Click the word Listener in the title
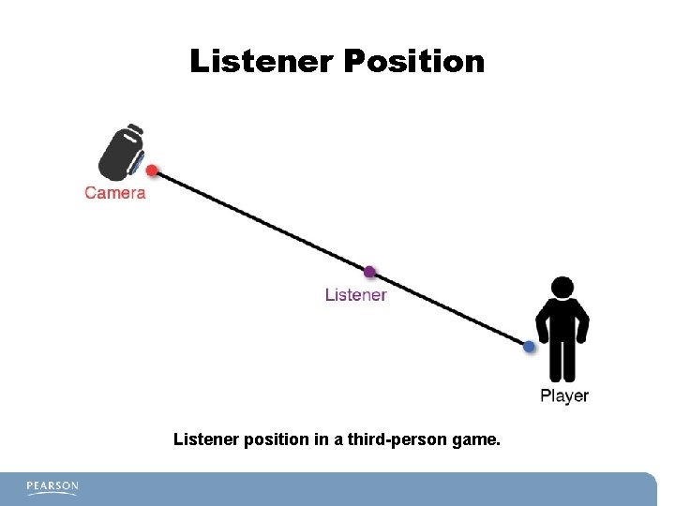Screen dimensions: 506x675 pos(262,62)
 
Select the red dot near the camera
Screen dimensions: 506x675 pos(152,171)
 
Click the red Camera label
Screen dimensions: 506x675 pos(115,193)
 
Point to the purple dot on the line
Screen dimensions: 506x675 pos(369,273)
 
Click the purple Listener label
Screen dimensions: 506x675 pos(355,295)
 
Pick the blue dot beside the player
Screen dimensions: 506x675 pos(529,347)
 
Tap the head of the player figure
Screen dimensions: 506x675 pos(562,288)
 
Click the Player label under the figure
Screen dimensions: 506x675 pos(564,396)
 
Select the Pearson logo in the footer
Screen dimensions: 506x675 pos(52,486)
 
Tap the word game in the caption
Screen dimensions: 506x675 pos(474,438)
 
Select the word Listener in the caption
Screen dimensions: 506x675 pos(203,438)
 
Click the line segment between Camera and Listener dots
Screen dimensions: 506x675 pos(261,222)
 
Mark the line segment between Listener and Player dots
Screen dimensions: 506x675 pos(450,310)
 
